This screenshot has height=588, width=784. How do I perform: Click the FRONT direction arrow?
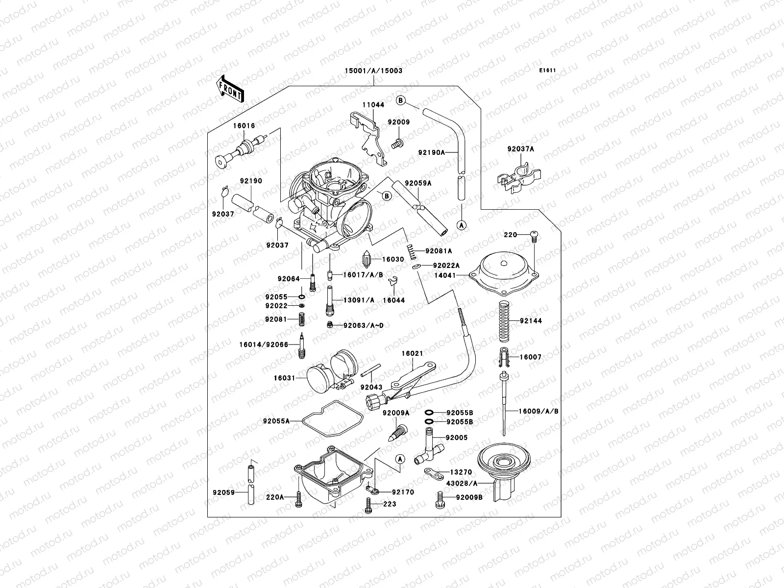(231, 89)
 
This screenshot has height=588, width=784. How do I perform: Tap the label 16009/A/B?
(539, 411)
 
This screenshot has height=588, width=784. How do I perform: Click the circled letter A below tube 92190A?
(461, 225)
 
